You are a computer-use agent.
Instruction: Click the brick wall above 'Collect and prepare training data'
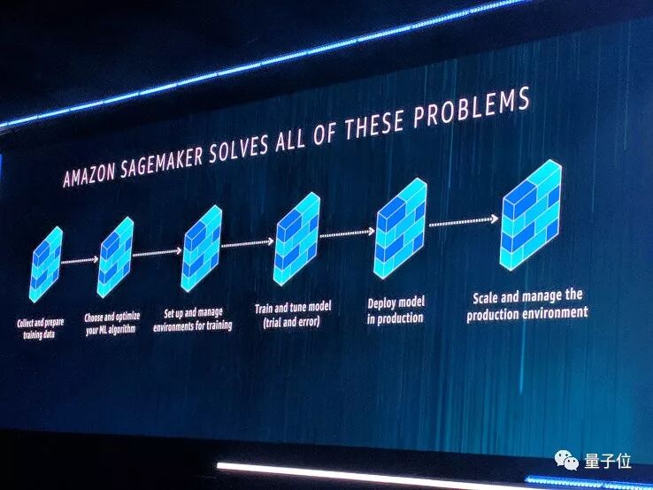pyautogui.click(x=45, y=264)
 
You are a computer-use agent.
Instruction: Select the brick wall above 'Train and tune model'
pyautogui.click(x=296, y=235)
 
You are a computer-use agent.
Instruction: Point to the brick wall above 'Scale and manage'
pyautogui.click(x=531, y=214)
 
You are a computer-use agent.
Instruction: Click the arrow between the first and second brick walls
pyautogui.click(x=80, y=260)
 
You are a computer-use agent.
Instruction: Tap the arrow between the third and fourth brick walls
pyautogui.click(x=247, y=242)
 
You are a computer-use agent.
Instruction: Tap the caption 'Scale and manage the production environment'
pyautogui.click(x=526, y=303)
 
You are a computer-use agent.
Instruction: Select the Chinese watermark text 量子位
pyautogui.click(x=607, y=460)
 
